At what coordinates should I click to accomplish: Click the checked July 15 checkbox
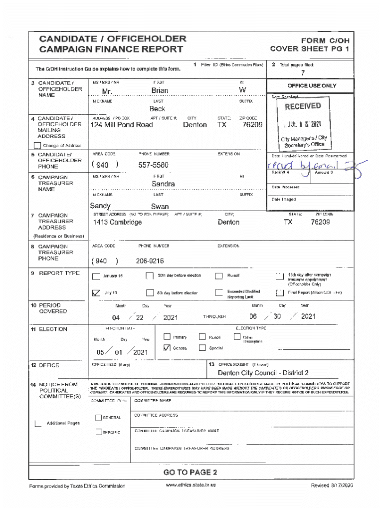pyautogui.click(x=96, y=293)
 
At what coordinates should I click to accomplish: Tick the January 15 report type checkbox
pyautogui.click(x=96, y=276)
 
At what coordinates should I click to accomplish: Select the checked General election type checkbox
pyautogui.click(x=167, y=348)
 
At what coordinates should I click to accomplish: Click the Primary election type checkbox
pyautogui.click(x=167, y=337)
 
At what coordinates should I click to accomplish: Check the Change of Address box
pyautogui.click(x=37, y=146)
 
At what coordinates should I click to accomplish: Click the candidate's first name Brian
pyautogui.click(x=160, y=91)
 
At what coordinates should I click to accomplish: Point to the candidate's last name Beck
pyautogui.click(x=157, y=109)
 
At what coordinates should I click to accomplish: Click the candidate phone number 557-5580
pyautogui.click(x=153, y=165)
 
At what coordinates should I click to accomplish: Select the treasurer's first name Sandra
pyautogui.click(x=163, y=184)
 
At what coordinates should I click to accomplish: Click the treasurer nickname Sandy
pyautogui.click(x=100, y=206)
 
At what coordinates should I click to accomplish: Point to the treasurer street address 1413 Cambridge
pyautogui.click(x=117, y=222)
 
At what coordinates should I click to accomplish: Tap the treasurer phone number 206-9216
pyautogui.click(x=150, y=261)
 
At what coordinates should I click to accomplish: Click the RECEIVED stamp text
pyautogui.click(x=303, y=106)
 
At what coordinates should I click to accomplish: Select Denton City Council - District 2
pyautogui.click(x=263, y=373)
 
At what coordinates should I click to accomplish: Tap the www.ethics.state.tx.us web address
pyautogui.click(x=191, y=486)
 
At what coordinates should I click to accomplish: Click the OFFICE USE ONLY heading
pyautogui.click(x=312, y=86)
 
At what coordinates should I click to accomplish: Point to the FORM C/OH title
pyautogui.click(x=325, y=40)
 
